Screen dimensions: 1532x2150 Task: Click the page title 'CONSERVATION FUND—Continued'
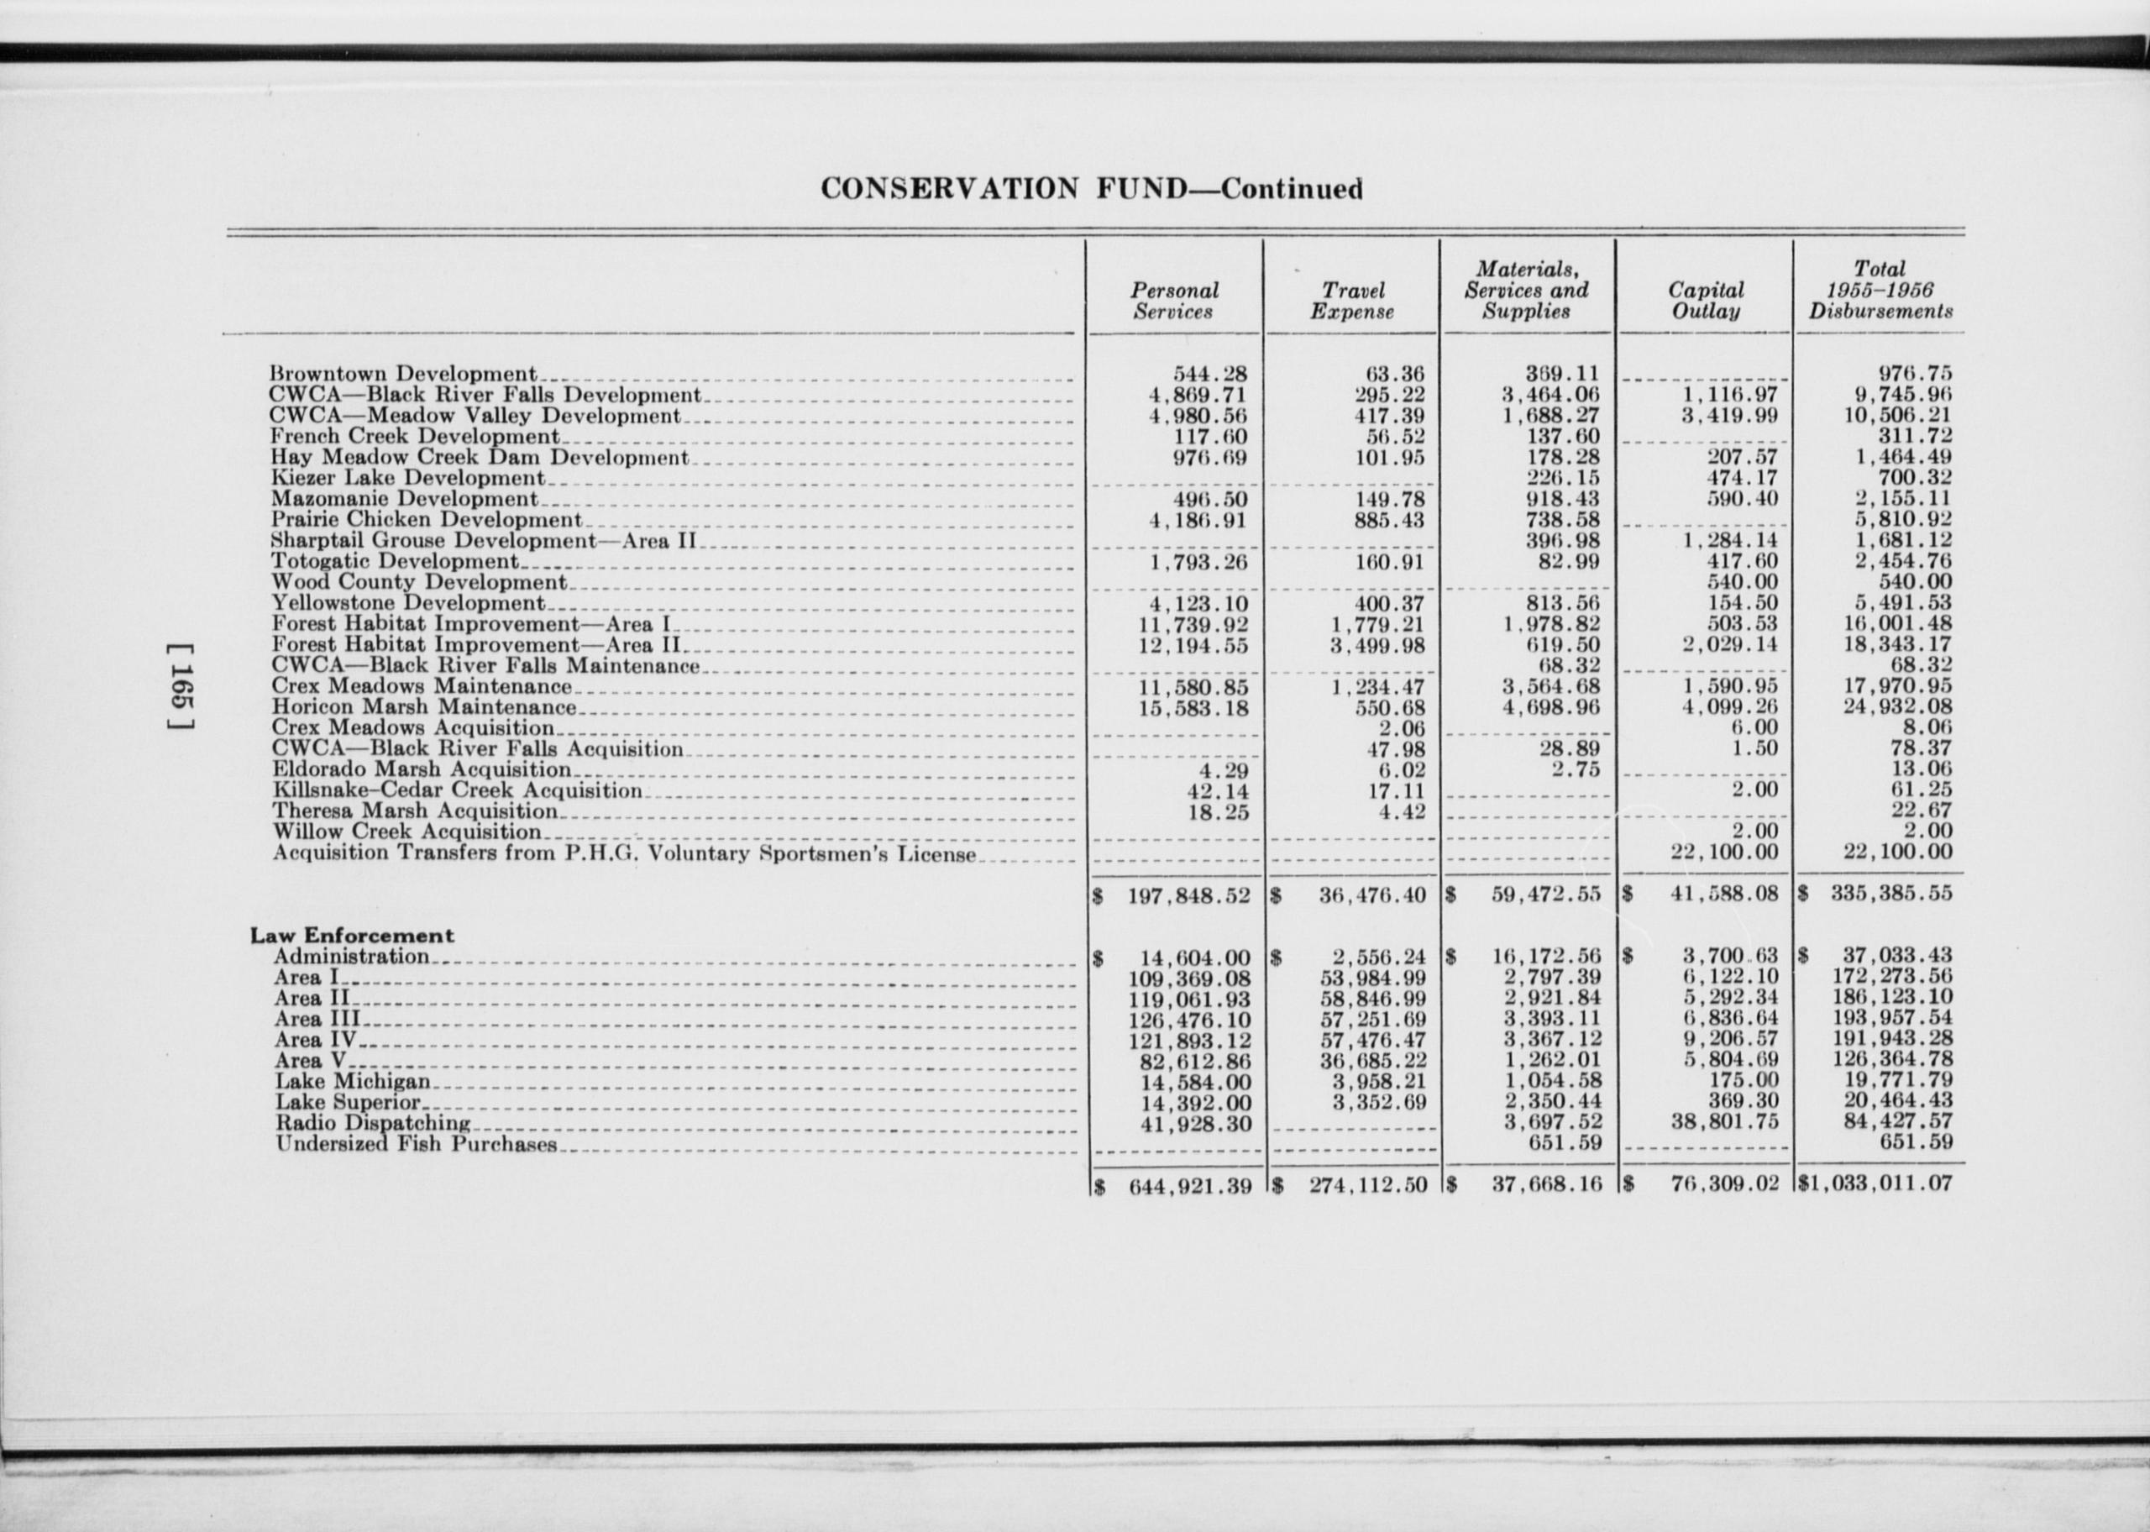pos(1091,189)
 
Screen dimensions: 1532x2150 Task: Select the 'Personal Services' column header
pos(1174,301)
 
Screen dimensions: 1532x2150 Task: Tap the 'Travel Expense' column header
pos(1351,301)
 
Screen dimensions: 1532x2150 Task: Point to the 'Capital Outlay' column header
pos(1705,301)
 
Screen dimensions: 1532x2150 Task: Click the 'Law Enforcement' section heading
pos(352,936)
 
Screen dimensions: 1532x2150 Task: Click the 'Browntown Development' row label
pos(402,375)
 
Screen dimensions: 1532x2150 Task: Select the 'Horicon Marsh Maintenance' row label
pos(423,706)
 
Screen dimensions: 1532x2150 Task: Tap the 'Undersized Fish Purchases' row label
pos(416,1144)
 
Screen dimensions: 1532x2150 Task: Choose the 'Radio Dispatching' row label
pos(373,1124)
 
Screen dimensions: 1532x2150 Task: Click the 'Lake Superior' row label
pos(348,1103)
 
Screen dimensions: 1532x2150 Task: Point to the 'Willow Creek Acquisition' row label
pos(406,832)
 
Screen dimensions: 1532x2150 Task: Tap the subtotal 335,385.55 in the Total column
pos(1890,894)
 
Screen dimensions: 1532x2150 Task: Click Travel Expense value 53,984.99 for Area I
pos(1372,978)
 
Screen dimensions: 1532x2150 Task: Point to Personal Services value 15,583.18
pos(1193,707)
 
